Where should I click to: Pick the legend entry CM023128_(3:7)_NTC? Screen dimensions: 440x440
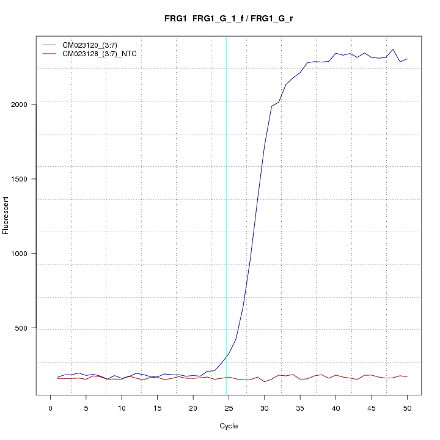coord(100,54)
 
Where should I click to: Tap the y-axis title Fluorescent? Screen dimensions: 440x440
coord(7,215)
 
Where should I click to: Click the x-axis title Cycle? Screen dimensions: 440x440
coord(229,426)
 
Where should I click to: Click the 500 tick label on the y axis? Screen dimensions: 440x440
coord(25,328)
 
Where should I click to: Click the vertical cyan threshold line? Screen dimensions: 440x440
coord(226,214)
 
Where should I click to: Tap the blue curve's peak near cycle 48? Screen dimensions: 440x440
coord(393,50)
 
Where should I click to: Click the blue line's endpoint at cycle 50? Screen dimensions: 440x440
coord(407,59)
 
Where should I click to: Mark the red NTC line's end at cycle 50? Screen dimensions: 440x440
coord(407,377)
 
